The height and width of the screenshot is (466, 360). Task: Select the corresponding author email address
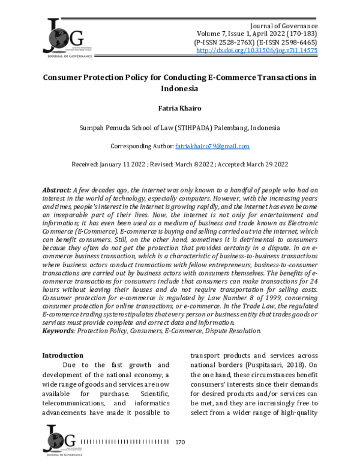212,147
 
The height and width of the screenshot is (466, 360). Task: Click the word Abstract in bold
58,190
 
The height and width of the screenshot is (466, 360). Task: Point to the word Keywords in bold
58,330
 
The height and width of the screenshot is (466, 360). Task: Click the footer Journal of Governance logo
61,440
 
